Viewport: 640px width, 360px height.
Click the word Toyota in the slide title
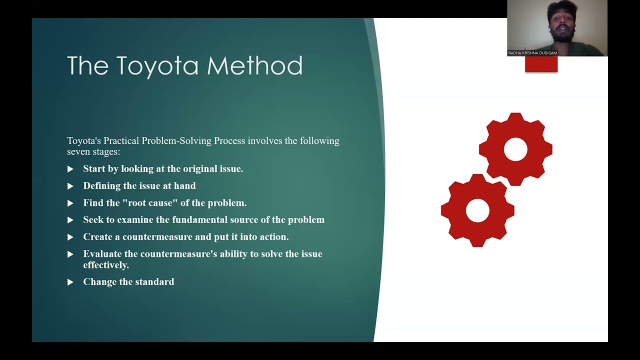[157, 66]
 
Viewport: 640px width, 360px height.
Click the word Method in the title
[254, 66]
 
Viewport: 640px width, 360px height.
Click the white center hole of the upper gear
[515, 149]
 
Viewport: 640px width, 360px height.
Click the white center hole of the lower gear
[477, 210]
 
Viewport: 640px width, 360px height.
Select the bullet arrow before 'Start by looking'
[70, 169]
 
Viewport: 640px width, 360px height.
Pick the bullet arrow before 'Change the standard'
[70, 282]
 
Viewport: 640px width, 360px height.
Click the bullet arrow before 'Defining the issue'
[70, 186]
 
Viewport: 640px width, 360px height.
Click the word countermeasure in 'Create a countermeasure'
[157, 237]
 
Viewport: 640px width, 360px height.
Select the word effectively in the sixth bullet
[106, 265]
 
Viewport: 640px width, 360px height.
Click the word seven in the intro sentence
[79, 151]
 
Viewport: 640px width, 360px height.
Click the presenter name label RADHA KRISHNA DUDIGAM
[532, 53]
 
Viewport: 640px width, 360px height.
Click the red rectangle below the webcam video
[541, 64]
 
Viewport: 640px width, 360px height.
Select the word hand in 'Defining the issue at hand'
[185, 186]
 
